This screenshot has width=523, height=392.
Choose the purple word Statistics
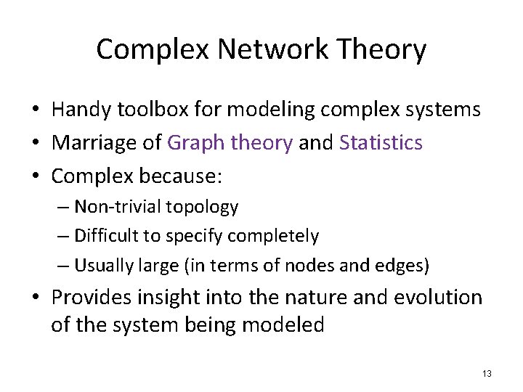tap(381, 143)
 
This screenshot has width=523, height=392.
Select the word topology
tap(202, 208)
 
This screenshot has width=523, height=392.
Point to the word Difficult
tap(104, 237)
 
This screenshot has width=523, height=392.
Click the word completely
tap(273, 237)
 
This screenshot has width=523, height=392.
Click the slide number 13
tap(486, 374)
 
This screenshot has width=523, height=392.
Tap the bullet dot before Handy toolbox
tap(35, 110)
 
